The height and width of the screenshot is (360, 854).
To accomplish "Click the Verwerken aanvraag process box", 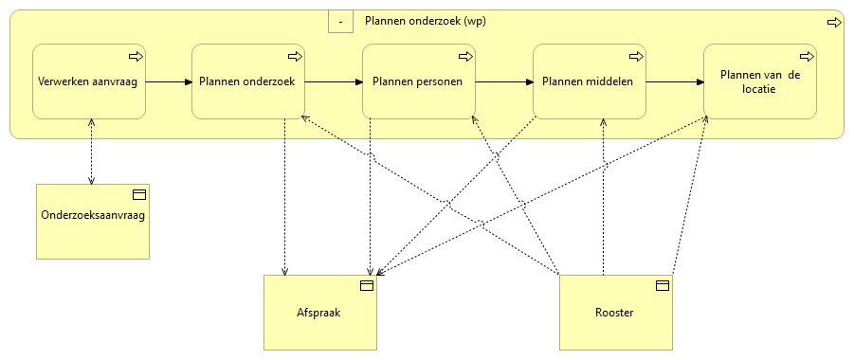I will click(x=88, y=81).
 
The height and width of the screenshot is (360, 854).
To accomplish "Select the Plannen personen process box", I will click(x=418, y=81).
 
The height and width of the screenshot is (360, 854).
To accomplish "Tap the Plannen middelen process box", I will click(x=589, y=81).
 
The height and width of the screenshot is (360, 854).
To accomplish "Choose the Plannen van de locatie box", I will click(x=759, y=81).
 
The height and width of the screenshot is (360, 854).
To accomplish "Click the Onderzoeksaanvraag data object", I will click(x=93, y=222).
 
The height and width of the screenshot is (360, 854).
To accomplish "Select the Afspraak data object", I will click(x=319, y=313).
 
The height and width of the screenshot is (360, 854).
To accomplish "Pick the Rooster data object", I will click(x=615, y=313).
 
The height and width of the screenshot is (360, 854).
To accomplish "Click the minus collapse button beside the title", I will click(x=340, y=21).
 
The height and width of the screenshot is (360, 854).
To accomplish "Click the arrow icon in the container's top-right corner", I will click(x=834, y=22).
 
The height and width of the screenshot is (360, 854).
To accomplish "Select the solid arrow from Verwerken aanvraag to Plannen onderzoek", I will click(x=169, y=81).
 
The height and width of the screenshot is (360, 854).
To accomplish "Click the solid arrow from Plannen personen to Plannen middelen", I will click(x=503, y=81).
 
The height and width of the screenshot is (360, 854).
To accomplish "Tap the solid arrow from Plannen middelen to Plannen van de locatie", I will click(x=674, y=81).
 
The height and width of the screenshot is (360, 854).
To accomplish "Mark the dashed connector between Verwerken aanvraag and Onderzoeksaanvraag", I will click(x=91, y=152).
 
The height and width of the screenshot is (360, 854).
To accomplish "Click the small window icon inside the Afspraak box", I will click(x=366, y=285).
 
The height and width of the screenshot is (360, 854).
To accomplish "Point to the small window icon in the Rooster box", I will click(x=663, y=285).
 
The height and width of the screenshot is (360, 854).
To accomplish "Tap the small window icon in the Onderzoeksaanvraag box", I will click(x=138, y=194).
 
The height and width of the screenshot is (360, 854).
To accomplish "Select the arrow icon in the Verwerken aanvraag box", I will click(x=135, y=56).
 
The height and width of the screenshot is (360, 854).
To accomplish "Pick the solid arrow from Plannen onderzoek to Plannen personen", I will click(x=334, y=81).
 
